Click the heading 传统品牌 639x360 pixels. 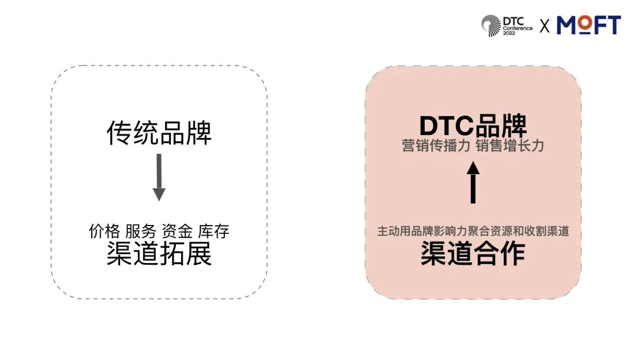click(x=159, y=133)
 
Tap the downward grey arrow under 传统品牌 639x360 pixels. click(x=159, y=178)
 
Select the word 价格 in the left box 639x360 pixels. click(x=104, y=232)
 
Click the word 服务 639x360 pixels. click(x=140, y=232)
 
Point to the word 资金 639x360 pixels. click(x=177, y=232)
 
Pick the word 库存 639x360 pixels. click(x=214, y=232)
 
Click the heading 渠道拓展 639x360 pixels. click(x=159, y=255)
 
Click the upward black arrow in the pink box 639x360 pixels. click(x=473, y=183)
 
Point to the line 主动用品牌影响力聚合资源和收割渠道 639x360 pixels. click(x=473, y=232)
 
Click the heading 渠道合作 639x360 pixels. click(x=473, y=254)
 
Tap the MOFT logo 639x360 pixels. click(x=589, y=25)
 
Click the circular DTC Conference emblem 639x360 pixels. click(x=490, y=25)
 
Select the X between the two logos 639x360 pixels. click(x=545, y=26)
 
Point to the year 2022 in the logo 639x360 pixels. click(x=509, y=34)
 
